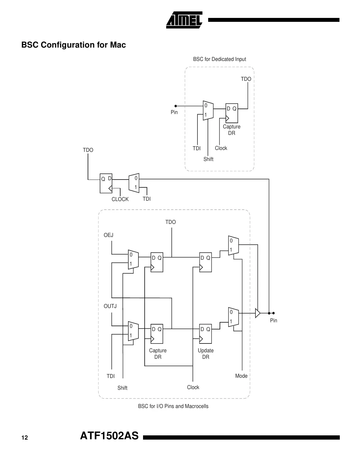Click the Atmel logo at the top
(184, 20)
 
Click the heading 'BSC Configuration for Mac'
(73, 45)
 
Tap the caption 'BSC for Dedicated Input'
(219, 59)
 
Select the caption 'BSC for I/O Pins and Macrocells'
(173, 406)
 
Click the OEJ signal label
(108, 235)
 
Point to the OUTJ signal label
(110, 306)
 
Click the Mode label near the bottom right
(241, 376)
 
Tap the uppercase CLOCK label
(120, 199)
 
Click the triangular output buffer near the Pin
(258, 313)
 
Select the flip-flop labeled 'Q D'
(106, 183)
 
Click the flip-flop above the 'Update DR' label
(205, 334)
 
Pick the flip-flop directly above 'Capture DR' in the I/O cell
(157, 334)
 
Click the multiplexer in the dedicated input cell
(208, 110)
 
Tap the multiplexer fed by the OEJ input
(133, 259)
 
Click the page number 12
(25, 438)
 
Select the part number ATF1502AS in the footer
(109, 436)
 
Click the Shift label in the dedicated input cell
(208, 159)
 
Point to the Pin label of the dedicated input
(174, 112)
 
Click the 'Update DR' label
(206, 354)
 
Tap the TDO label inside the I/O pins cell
(170, 222)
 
